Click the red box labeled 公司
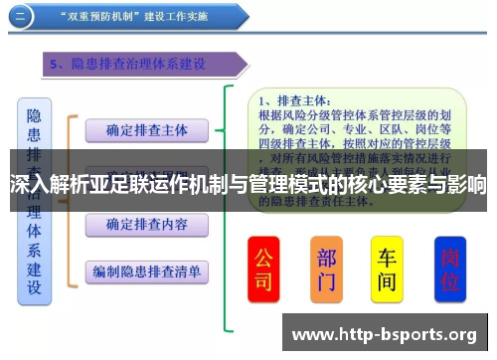click(x=263, y=269)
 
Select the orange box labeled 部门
click(x=326, y=269)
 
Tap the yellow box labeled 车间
click(x=387, y=269)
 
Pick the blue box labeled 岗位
click(x=449, y=269)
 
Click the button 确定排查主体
click(x=146, y=130)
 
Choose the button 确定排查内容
click(x=146, y=225)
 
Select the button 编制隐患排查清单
click(x=146, y=270)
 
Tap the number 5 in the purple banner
click(x=56, y=65)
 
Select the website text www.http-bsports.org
click(x=384, y=333)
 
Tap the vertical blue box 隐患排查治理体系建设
click(x=35, y=199)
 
